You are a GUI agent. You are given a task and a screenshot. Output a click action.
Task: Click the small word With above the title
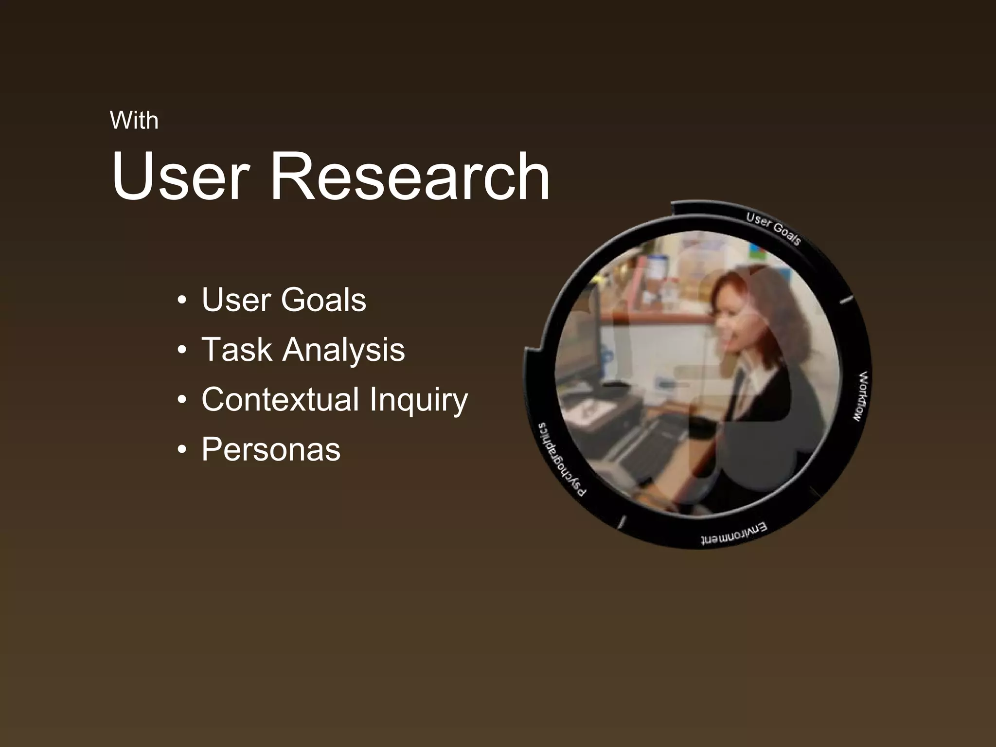click(134, 120)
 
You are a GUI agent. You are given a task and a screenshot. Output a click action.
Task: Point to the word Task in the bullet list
click(236, 349)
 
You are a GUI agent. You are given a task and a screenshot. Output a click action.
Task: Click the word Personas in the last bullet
click(271, 449)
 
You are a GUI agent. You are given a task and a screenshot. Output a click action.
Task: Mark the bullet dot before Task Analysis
click(182, 350)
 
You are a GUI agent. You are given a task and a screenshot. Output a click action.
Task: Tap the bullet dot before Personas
click(182, 450)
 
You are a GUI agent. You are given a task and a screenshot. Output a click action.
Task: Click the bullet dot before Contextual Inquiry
click(182, 400)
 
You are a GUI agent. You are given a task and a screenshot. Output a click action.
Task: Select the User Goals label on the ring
click(773, 229)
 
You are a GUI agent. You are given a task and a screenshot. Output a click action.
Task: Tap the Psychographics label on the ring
click(559, 460)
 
